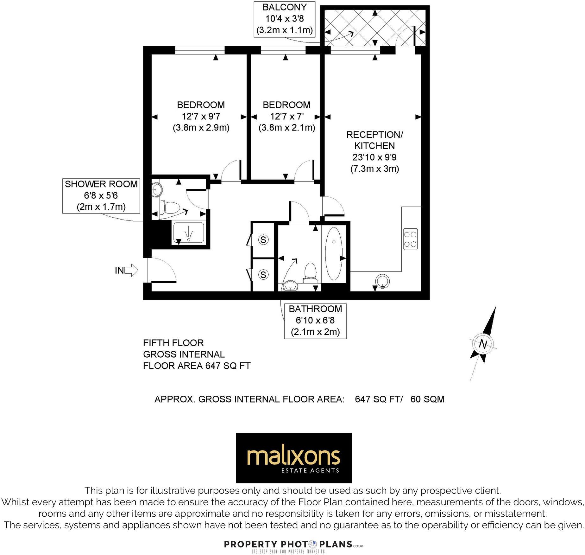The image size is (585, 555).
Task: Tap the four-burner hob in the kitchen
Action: point(410,239)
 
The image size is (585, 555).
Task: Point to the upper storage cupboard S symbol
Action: point(263,239)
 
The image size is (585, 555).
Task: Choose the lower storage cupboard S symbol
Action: point(263,274)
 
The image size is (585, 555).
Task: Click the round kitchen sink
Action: point(382,281)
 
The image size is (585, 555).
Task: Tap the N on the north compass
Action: point(483,344)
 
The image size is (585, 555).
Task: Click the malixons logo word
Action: point(293,456)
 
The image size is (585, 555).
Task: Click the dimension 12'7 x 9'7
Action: point(201,116)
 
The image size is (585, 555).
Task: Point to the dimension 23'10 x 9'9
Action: point(374,157)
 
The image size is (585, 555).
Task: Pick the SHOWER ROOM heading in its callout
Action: point(101,184)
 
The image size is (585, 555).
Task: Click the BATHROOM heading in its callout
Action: point(315,309)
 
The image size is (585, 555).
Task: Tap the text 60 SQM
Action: point(427,399)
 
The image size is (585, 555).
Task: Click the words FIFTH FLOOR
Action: point(173,343)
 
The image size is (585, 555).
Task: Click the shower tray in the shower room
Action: point(189,233)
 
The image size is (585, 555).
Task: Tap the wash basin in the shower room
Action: point(157,190)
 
